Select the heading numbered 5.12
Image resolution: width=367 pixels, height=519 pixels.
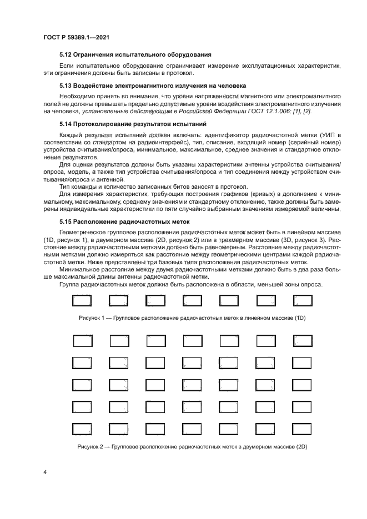135,54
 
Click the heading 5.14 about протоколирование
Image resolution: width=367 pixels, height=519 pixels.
133,123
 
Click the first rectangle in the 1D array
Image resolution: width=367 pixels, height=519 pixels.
82,301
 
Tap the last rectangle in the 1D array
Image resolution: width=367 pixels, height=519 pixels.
302,301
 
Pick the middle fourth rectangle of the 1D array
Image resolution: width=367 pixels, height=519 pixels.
192,301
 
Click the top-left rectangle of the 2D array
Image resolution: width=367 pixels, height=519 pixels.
82,340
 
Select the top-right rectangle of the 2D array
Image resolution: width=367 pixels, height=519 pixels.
302,340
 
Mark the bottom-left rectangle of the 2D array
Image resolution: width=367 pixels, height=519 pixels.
82,429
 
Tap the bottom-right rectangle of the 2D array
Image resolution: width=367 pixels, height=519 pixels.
302,429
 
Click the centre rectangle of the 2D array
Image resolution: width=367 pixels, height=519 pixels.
192,385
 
